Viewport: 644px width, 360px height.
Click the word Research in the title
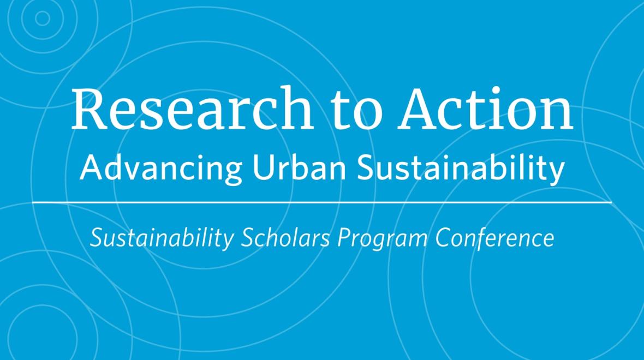(x=192, y=108)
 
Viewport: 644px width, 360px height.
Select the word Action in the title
(x=485, y=109)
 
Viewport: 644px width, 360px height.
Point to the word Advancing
(x=161, y=169)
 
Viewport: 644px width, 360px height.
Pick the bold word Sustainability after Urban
(x=461, y=169)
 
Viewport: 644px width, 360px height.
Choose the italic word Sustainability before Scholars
(x=162, y=238)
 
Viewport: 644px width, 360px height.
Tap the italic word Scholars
(x=285, y=237)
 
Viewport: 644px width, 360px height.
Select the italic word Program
(x=382, y=238)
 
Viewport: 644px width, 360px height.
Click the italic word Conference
(x=494, y=237)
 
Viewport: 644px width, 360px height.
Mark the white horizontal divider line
(x=321, y=202)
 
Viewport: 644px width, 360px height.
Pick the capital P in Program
(x=344, y=237)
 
